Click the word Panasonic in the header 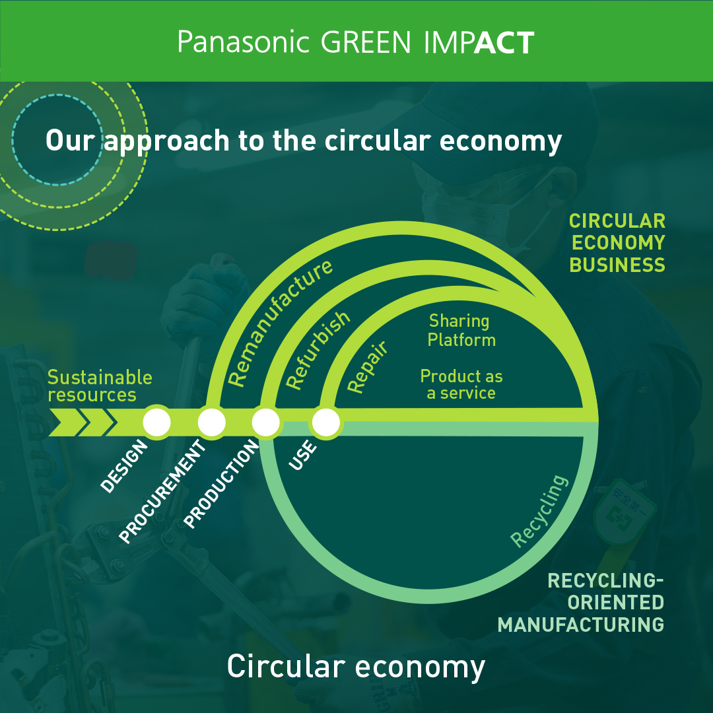[x=243, y=42]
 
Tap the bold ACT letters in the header [x=504, y=43]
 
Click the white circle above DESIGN [x=157, y=423]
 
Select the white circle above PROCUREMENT [x=211, y=423]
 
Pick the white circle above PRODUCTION [x=266, y=423]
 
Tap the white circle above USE [x=325, y=423]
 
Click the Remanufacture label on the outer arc [x=279, y=323]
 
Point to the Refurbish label [x=318, y=350]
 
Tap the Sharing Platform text [x=461, y=330]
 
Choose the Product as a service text [x=461, y=384]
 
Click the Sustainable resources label [x=100, y=386]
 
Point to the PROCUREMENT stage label [x=162, y=492]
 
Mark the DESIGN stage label [x=124, y=466]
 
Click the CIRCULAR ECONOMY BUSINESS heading [x=617, y=243]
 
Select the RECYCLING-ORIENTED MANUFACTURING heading [x=581, y=603]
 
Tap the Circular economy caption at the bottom [x=356, y=667]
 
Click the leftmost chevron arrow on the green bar [x=67, y=423]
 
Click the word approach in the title [x=166, y=141]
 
